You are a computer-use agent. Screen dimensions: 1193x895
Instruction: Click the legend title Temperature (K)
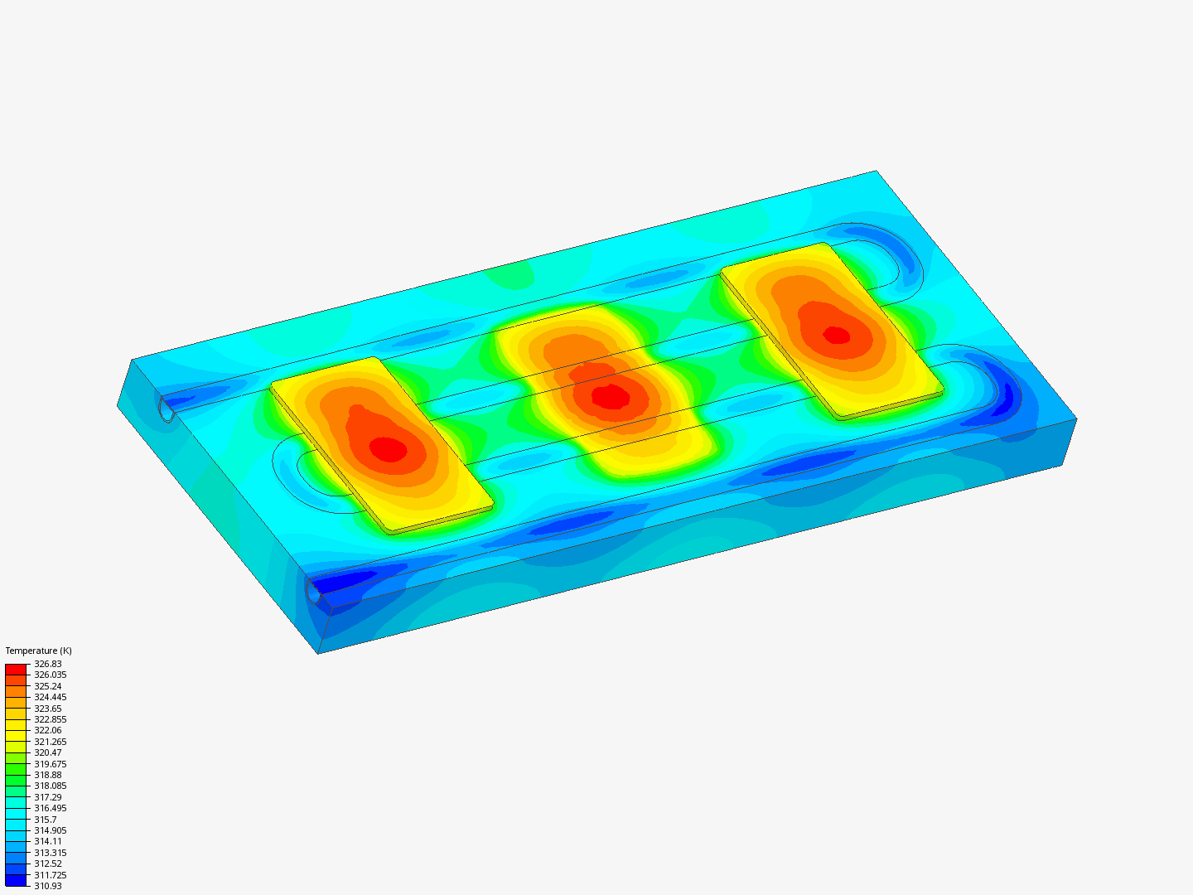click(39, 651)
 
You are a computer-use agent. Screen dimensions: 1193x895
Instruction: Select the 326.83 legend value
click(48, 664)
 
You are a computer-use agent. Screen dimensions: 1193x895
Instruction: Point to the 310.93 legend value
click(48, 886)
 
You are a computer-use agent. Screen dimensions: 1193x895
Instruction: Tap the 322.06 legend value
click(48, 730)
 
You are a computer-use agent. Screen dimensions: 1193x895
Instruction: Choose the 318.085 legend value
click(50, 786)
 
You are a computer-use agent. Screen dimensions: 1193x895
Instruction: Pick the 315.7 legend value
click(45, 820)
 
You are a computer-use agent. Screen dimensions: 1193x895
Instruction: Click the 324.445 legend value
click(50, 697)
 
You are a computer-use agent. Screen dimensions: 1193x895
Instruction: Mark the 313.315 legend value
click(50, 853)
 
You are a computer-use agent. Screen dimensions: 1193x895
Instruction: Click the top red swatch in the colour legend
click(16, 669)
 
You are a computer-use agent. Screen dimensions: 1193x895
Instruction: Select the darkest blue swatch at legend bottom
click(16, 880)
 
